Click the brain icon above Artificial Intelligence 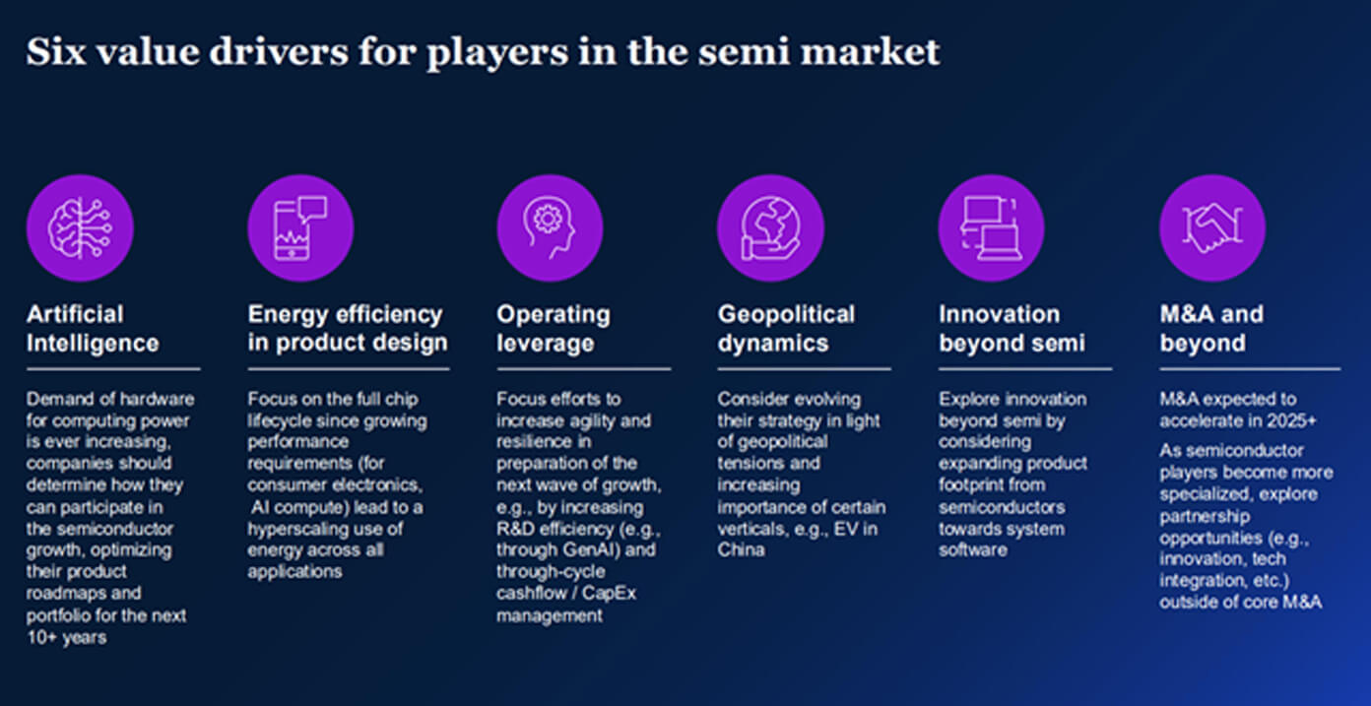[x=80, y=228]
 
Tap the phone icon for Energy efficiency [x=300, y=228]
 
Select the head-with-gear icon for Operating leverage [x=550, y=228]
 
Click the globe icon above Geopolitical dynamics [x=770, y=228]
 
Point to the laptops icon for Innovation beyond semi [x=992, y=228]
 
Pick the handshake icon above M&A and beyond [x=1212, y=228]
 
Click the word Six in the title [x=56, y=51]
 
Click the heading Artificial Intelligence [x=93, y=329]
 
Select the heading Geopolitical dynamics [x=787, y=329]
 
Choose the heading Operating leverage [x=554, y=329]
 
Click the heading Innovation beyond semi [x=1012, y=329]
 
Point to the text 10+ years [x=67, y=637]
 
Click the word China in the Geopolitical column [x=742, y=550]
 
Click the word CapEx [x=609, y=594]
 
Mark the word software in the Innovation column [x=972, y=550]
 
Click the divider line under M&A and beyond [x=1250, y=369]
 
